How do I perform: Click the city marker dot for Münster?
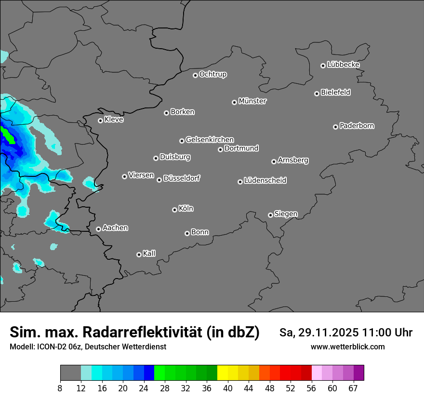(234, 102)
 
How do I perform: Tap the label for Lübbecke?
(343, 65)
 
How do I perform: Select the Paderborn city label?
(357, 126)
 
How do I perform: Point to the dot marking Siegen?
(270, 215)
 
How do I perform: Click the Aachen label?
(115, 228)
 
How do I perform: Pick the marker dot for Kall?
(139, 254)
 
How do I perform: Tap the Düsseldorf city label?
(182, 178)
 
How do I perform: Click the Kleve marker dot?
(100, 120)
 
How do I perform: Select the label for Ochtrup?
(212, 74)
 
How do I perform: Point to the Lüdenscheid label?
(265, 181)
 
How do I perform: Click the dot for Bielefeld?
(317, 93)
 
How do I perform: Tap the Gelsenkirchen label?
(210, 140)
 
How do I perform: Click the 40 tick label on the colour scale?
(228, 388)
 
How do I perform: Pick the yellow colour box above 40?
(223, 373)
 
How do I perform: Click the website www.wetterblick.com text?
(347, 347)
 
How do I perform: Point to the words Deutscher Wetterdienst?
(125, 347)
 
